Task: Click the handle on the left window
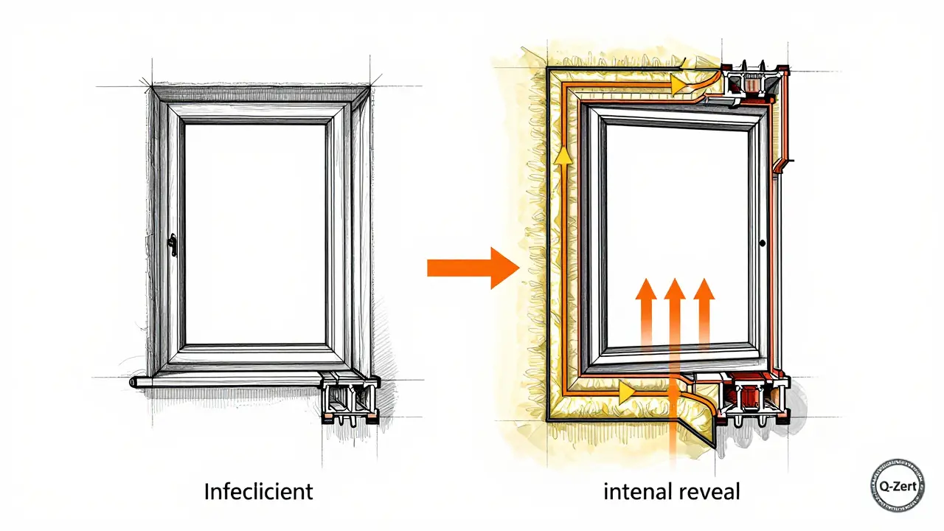click(172, 246)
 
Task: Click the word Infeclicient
click(258, 492)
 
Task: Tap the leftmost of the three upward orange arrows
click(645, 310)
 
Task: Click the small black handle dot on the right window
click(761, 243)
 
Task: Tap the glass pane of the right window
click(678, 221)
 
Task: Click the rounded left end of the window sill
click(133, 383)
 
